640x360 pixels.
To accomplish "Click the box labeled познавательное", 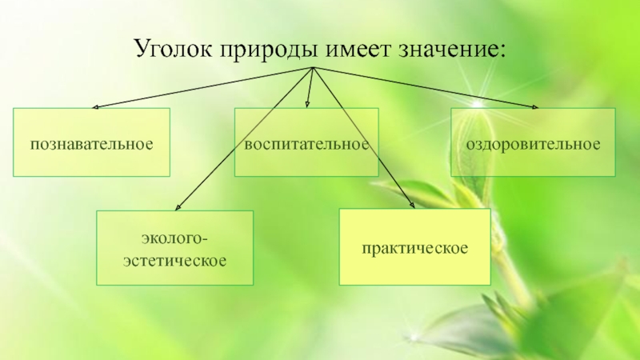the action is tap(91, 142).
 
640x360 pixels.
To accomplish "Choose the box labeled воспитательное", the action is tap(306, 142).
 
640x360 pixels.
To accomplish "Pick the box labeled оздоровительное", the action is tap(533, 142).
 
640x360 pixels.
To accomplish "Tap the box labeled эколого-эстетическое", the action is tap(174, 248).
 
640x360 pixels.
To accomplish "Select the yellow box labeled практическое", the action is tap(414, 247).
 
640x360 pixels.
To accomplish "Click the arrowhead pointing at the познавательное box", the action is tap(95, 106).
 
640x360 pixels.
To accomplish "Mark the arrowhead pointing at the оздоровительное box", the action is tap(535, 106).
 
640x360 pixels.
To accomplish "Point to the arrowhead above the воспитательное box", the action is tap(308, 105).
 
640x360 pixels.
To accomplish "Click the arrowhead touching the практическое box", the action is tap(413, 206).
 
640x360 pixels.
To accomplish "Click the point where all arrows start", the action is tap(312, 69).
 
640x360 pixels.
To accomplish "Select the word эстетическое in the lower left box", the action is tap(174, 260).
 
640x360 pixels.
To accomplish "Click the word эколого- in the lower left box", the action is tap(174, 239).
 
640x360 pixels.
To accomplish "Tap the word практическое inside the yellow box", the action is tap(414, 247).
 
